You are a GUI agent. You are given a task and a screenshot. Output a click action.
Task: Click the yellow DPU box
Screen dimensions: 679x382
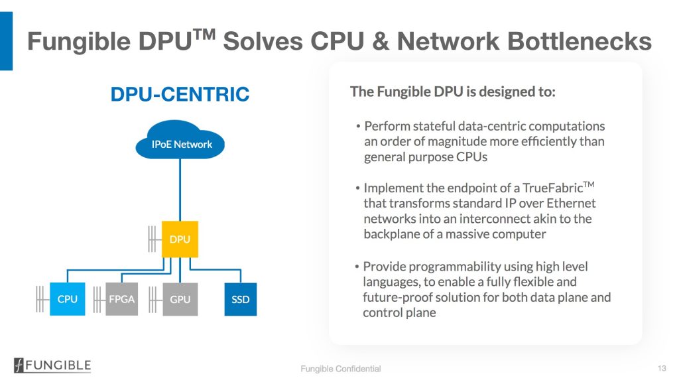(180, 239)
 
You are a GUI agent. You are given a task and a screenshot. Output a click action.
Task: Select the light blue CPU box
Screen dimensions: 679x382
(67, 299)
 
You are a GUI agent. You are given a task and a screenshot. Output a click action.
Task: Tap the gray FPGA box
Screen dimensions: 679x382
(122, 299)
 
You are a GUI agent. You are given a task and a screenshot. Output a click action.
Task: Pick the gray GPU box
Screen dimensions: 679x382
(180, 299)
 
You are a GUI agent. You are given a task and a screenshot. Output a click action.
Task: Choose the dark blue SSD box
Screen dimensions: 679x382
(240, 299)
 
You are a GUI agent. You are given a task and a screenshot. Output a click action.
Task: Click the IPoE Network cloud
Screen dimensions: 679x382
(180, 140)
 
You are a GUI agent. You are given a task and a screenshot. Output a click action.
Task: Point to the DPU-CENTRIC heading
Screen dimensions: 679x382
(180, 94)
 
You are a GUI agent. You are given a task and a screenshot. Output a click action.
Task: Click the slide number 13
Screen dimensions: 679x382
(662, 368)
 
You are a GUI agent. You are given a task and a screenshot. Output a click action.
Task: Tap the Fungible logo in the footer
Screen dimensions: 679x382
(52, 365)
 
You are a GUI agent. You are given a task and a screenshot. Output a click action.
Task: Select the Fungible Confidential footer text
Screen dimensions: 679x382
(341, 369)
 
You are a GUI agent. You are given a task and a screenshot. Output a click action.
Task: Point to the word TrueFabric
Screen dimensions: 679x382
(552, 188)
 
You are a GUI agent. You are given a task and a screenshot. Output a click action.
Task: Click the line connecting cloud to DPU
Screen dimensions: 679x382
(180, 190)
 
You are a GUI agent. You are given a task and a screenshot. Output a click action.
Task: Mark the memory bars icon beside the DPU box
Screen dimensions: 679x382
(152, 239)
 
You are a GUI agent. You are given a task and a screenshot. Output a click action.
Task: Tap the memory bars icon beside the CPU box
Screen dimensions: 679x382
(40, 299)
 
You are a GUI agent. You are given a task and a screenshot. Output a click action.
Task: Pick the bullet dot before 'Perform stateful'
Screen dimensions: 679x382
(358, 127)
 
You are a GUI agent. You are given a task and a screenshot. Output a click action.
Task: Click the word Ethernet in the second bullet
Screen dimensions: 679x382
(571, 203)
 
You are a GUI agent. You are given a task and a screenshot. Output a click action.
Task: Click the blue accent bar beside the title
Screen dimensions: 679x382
(6, 40)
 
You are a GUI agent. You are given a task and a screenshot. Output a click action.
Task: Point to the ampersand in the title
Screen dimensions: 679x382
(381, 41)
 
